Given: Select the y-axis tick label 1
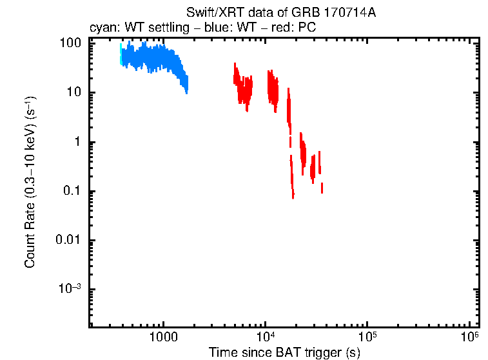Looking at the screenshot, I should click(77, 142).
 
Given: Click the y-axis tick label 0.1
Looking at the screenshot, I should click(72, 191).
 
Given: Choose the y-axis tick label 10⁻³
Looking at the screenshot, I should click(70, 288).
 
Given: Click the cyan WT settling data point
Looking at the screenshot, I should click(121, 55).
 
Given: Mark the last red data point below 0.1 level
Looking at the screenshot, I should click(322, 188).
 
